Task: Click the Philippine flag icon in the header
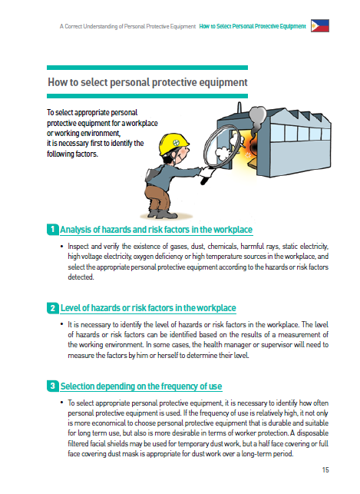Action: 320,26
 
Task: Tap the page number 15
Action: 325,469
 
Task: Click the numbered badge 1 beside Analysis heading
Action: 53,229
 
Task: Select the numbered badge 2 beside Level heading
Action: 53,308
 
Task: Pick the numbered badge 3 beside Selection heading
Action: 53,386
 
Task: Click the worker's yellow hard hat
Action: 173,144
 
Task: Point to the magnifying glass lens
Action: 221,146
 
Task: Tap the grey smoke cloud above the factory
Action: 257,117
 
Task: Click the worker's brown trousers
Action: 157,197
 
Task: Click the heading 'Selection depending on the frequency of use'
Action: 141,386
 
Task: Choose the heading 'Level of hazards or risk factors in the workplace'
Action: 148,308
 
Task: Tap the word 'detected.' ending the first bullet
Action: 81,277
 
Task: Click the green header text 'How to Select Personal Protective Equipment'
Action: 253,26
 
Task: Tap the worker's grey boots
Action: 163,214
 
